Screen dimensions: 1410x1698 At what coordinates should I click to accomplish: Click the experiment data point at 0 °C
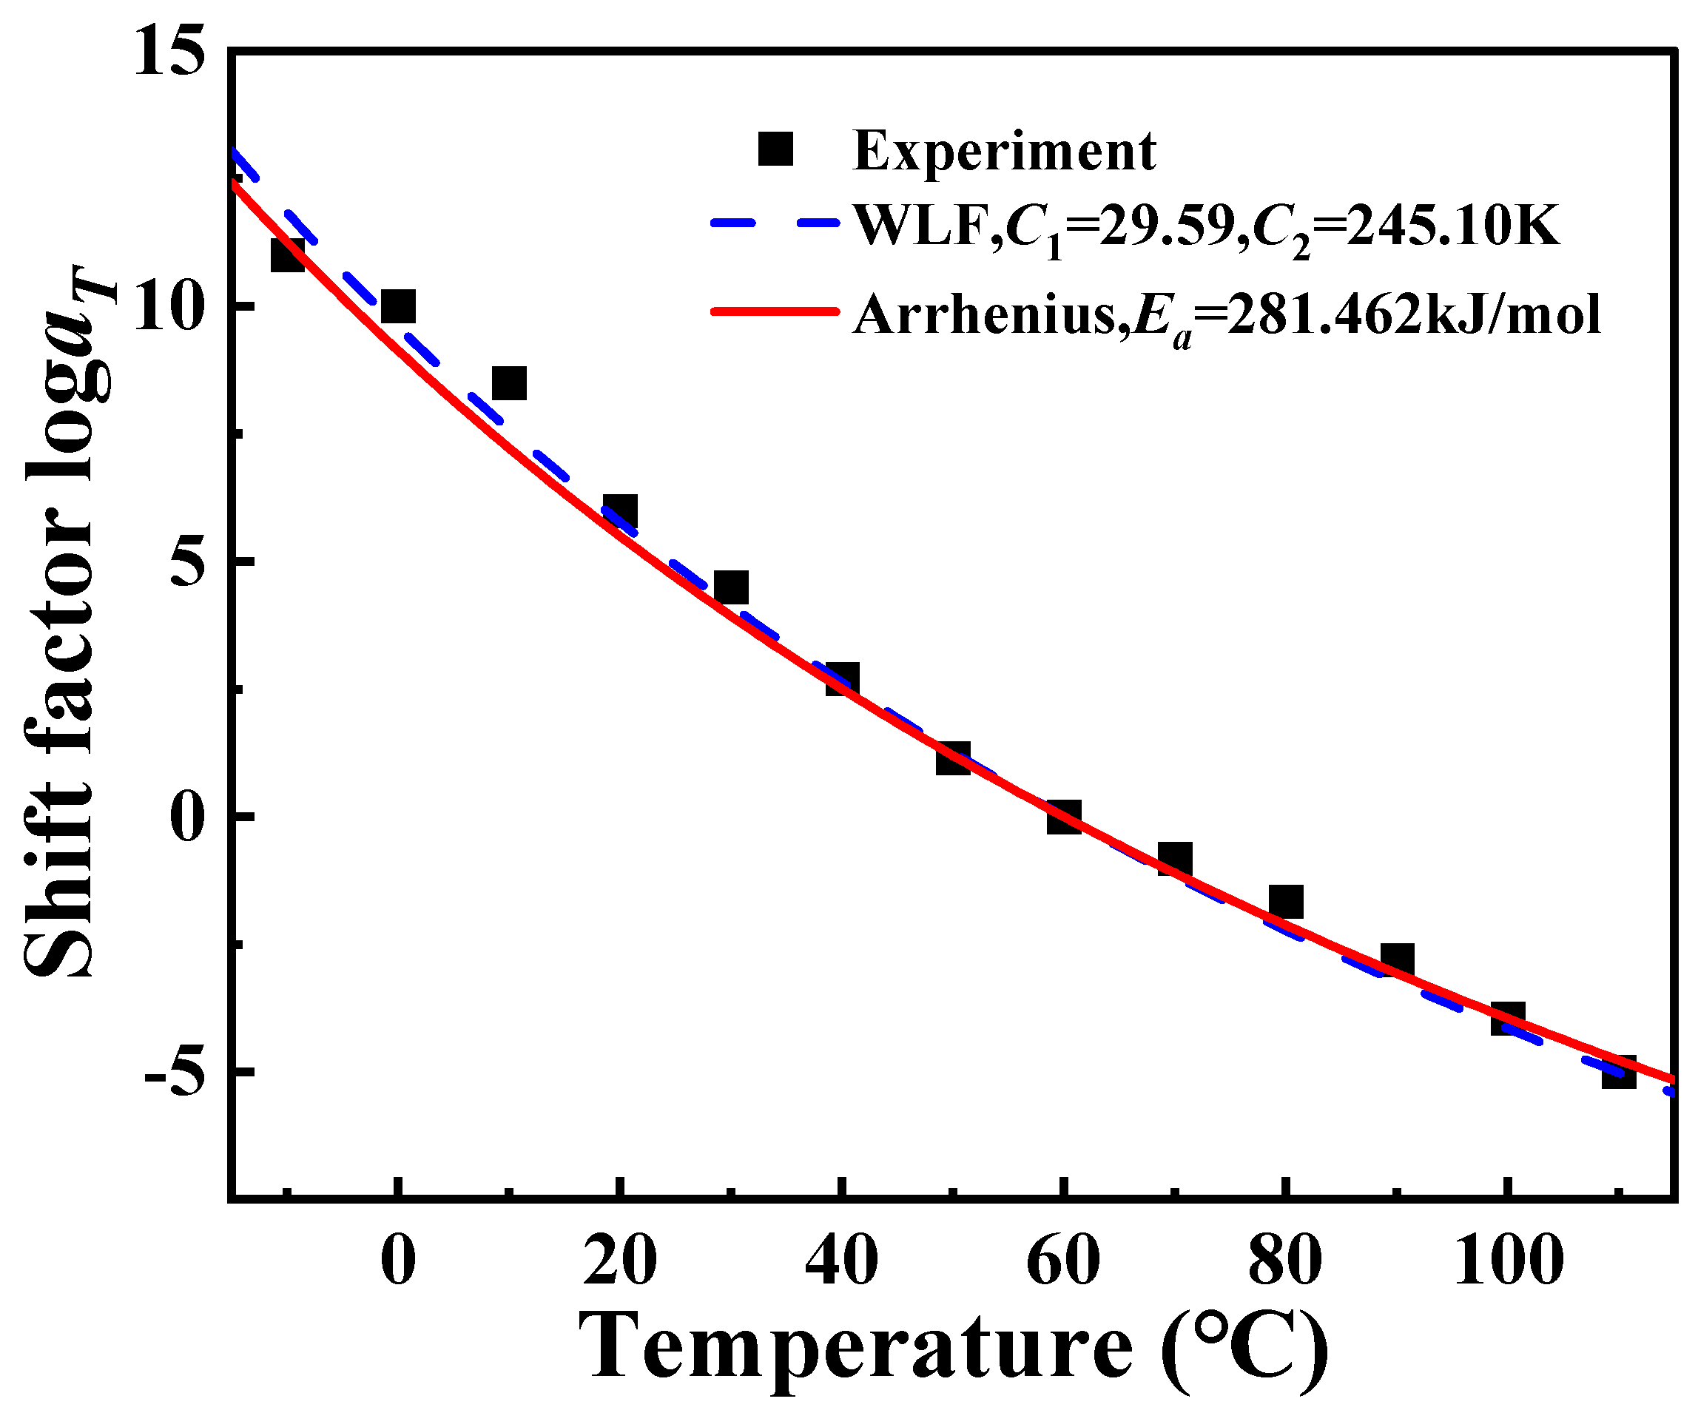pos(398,307)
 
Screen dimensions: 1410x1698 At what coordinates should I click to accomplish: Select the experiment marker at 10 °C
pos(508,383)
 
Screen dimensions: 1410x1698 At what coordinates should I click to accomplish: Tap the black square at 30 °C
pos(731,588)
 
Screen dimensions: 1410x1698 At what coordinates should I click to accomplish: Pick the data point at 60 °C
pos(1064,817)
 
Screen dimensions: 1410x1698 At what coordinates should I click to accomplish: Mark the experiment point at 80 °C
pos(1286,902)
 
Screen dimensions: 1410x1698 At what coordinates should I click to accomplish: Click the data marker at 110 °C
pos(1619,1071)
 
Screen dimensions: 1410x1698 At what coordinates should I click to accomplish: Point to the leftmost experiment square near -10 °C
pos(287,255)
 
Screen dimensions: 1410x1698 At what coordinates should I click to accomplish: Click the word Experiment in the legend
pos(1004,151)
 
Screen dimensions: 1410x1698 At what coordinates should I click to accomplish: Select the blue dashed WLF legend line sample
pos(775,225)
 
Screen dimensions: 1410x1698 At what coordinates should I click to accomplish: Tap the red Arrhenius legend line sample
pos(775,311)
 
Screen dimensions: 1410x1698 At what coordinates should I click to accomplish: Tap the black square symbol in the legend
pos(775,149)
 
